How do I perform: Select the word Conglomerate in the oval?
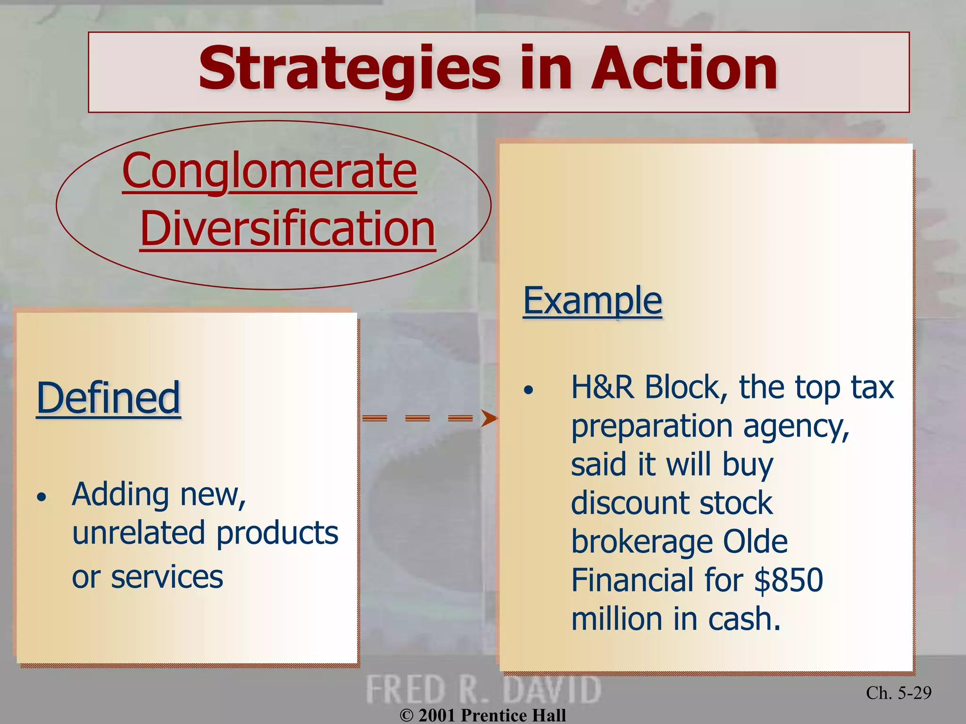pos(269,171)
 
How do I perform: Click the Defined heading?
pos(108,398)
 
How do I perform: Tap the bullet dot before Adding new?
pos(42,497)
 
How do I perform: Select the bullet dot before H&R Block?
pos(529,390)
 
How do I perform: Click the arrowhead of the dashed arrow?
pos(489,418)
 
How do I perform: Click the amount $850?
pos(788,580)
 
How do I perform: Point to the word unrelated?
pos(139,533)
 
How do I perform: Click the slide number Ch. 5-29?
pos(899,692)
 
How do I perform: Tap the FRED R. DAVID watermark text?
pos(483,690)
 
